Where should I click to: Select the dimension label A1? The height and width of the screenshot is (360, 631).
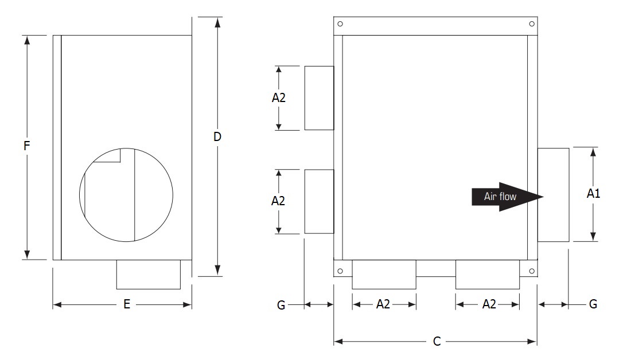593,194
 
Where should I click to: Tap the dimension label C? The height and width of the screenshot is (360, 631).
437,342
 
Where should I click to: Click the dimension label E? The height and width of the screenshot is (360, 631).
127,304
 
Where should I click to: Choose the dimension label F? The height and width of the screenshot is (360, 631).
26,146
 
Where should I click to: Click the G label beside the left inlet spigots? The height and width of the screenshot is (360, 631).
281,305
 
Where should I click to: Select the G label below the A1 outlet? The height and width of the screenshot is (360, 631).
593,304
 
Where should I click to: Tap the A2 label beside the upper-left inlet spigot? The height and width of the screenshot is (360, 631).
279,97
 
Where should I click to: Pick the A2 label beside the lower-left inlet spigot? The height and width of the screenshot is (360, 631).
279,201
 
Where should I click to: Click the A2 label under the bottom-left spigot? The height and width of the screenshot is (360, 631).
383,304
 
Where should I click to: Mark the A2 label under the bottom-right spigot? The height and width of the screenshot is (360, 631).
489,304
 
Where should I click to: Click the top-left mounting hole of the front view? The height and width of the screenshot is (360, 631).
340,24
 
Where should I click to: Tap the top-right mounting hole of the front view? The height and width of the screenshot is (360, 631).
532,24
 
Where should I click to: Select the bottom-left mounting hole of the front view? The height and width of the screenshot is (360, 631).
340,271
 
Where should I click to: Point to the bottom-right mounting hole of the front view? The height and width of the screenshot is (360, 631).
532,271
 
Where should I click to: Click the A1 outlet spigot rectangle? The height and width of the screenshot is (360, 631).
553,194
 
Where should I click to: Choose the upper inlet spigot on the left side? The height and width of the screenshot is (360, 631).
319,97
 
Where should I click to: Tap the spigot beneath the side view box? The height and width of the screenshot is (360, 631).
148,275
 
